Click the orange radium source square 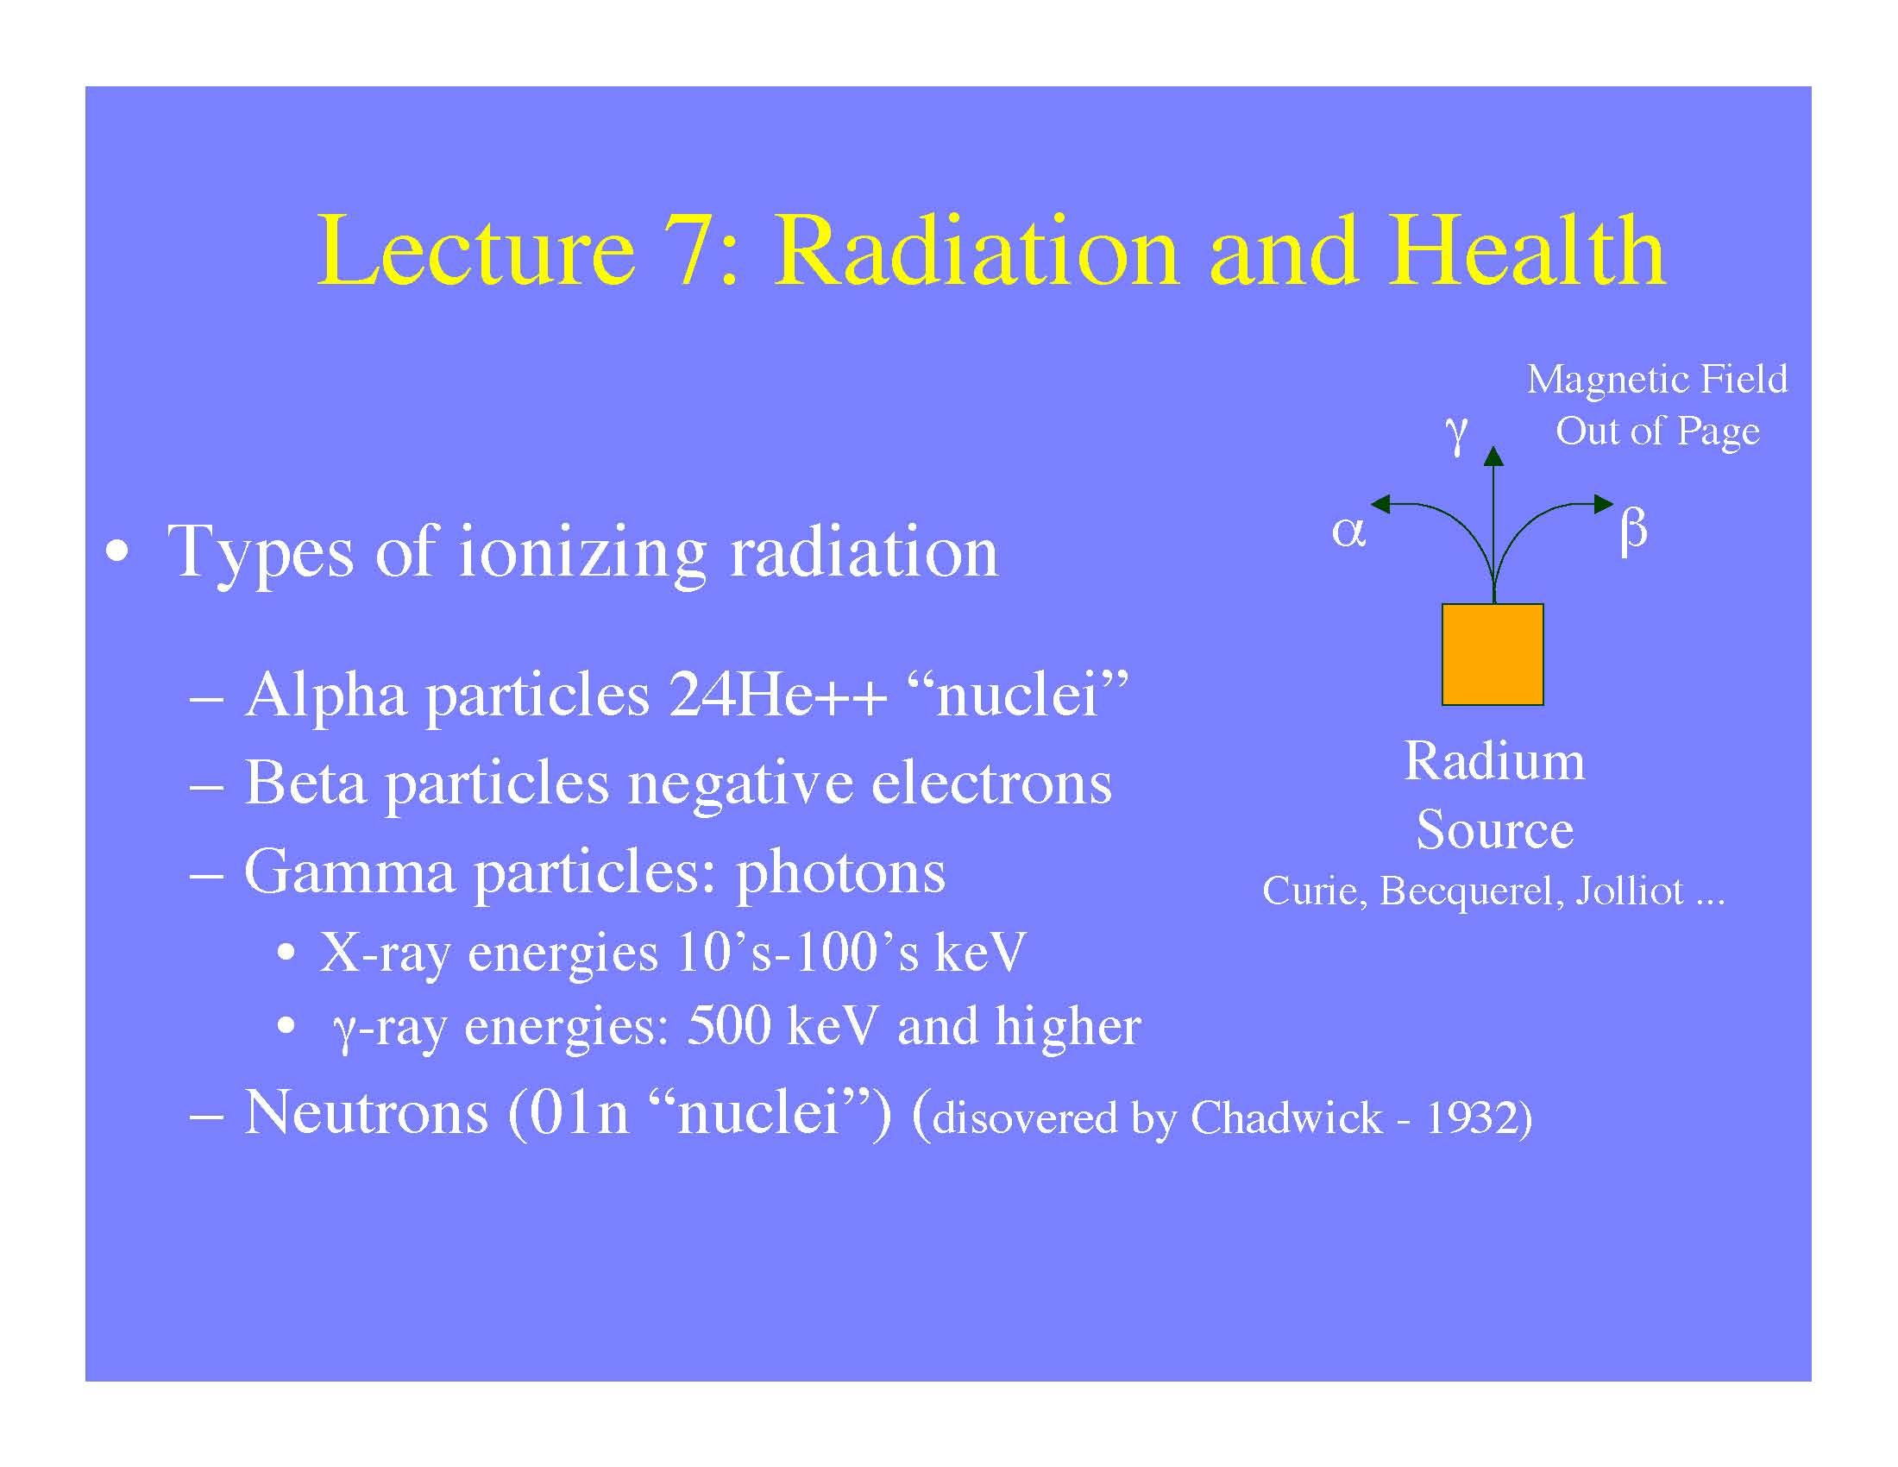click(x=1493, y=653)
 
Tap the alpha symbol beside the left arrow click(x=1348, y=531)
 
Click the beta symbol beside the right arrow click(x=1634, y=529)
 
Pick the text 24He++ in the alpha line click(x=777, y=696)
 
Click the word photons click(x=840, y=872)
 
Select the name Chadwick click(x=1286, y=1118)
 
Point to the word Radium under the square click(x=1494, y=761)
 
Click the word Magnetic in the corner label click(x=1596, y=379)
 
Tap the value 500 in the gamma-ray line click(x=728, y=1025)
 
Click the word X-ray click(x=385, y=953)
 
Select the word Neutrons click(x=366, y=1112)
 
